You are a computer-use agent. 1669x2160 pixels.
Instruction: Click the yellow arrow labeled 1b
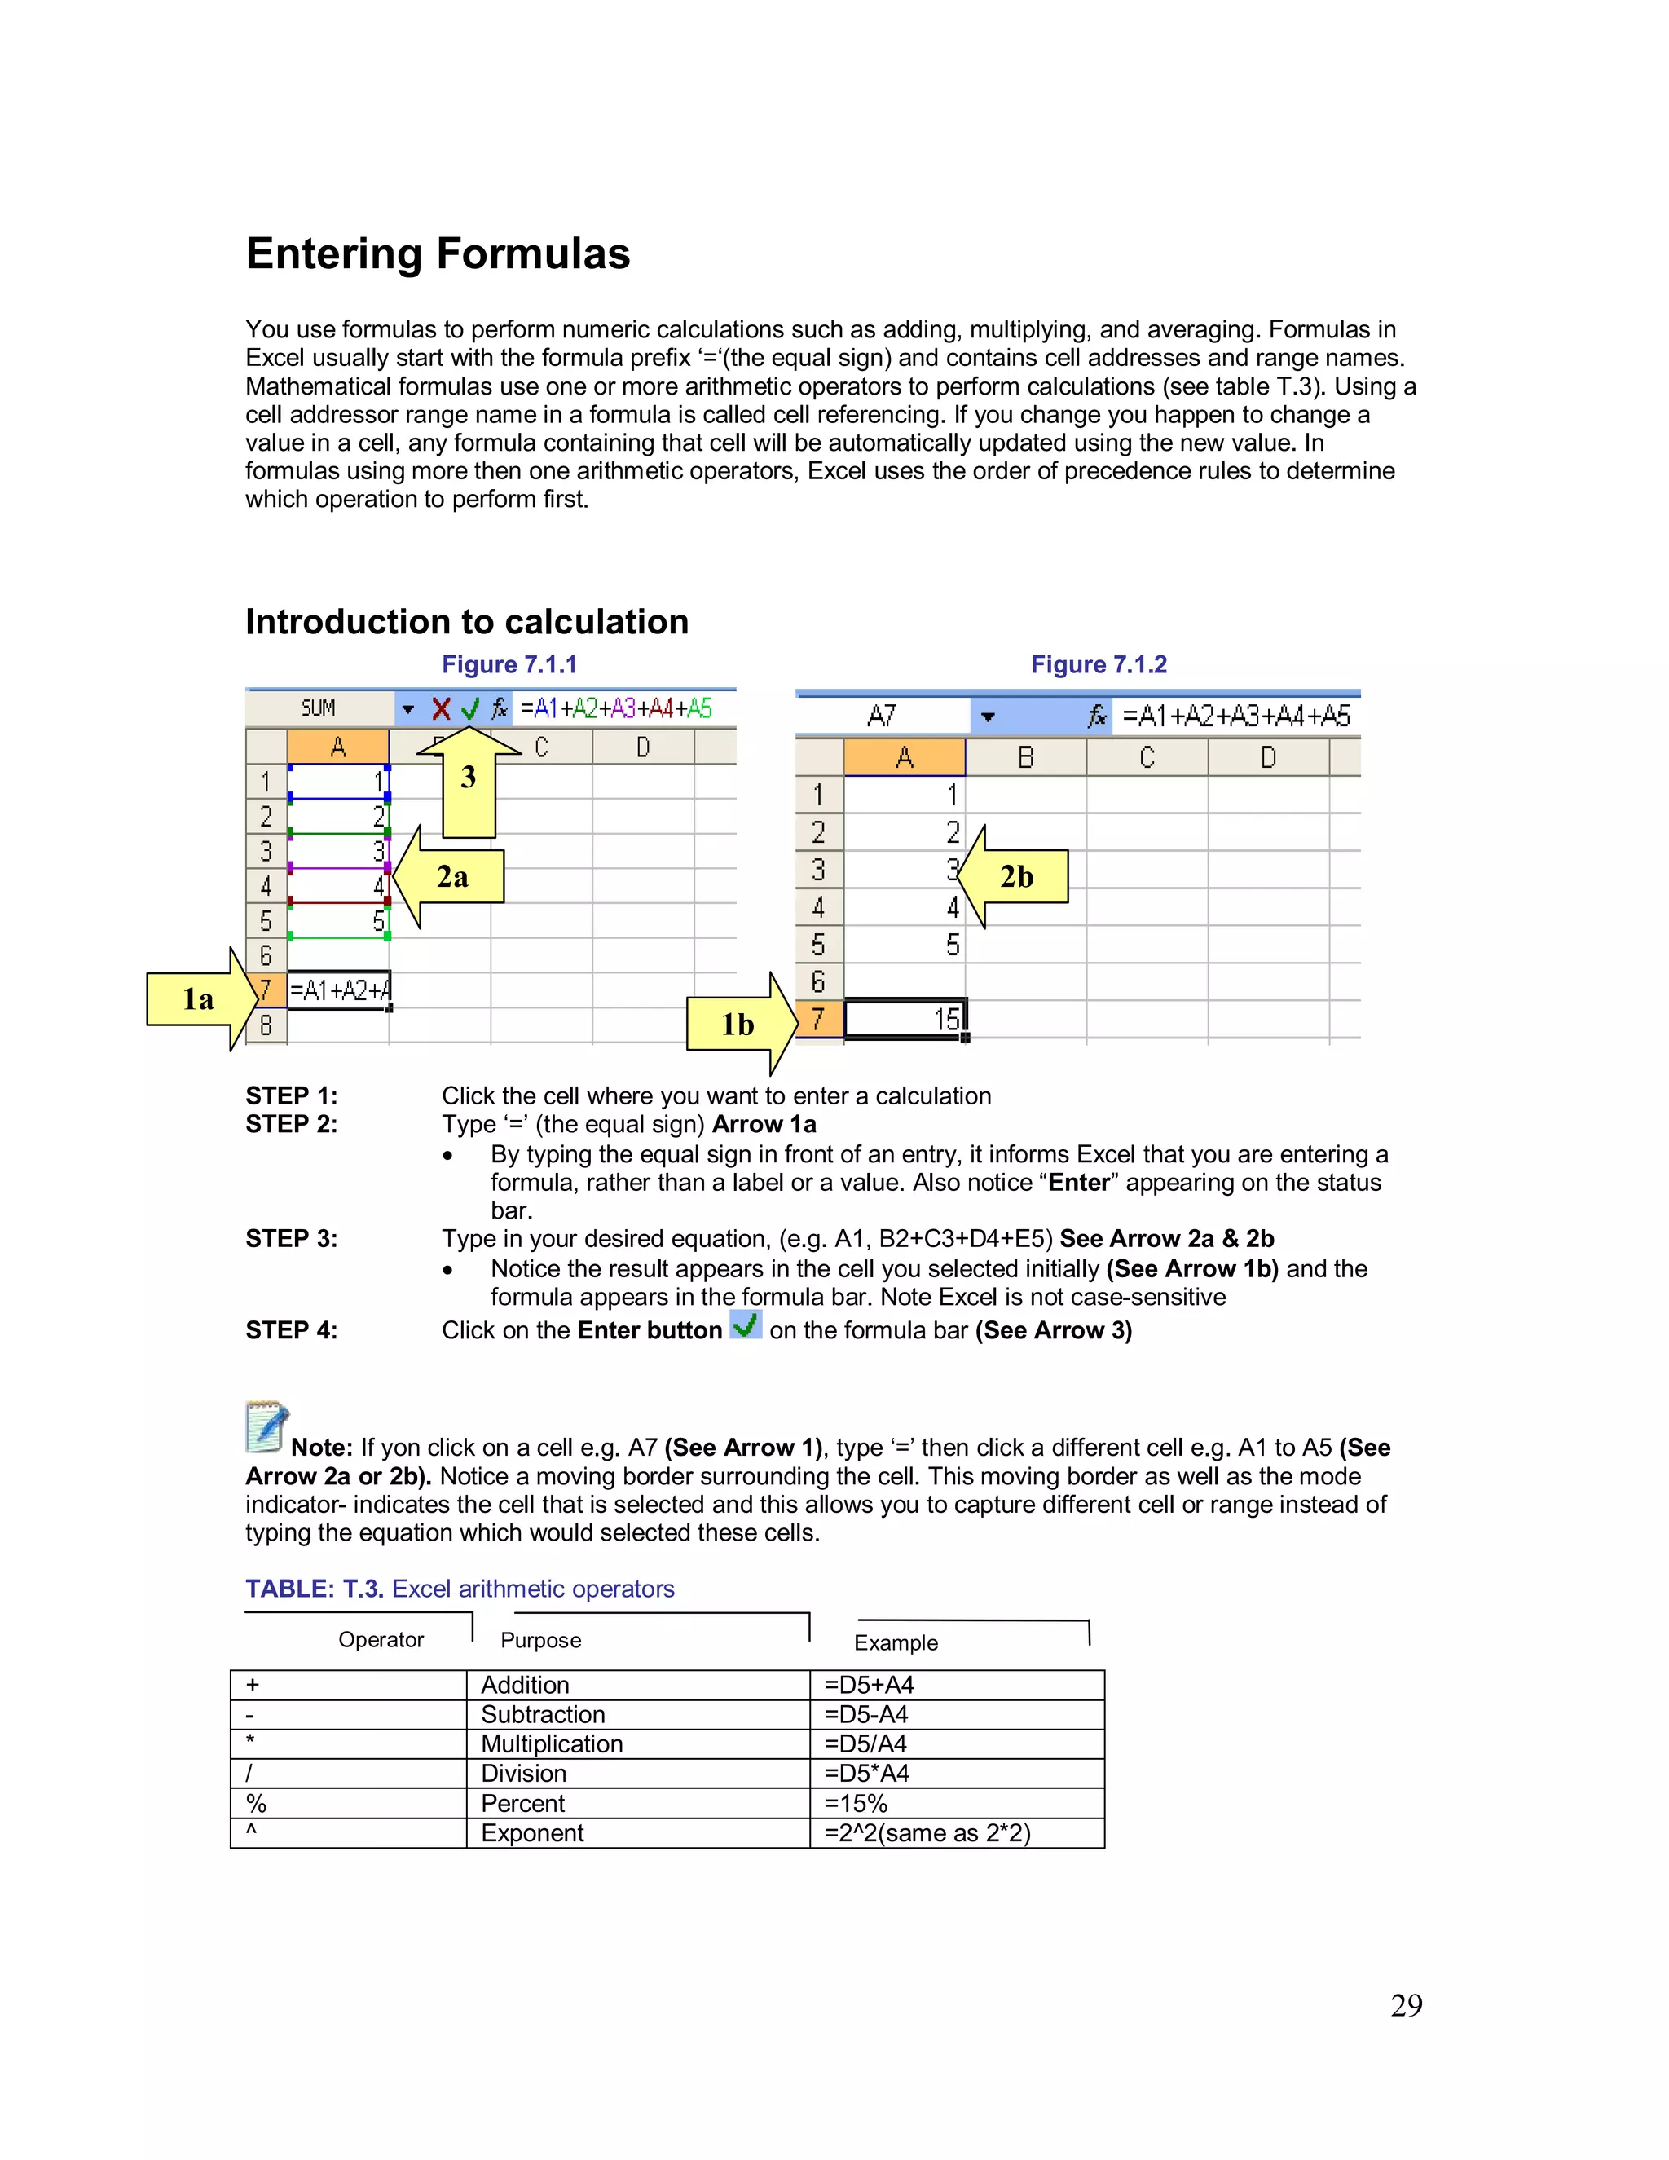pos(741,1024)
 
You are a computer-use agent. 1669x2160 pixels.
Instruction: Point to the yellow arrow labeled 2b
pos(1015,876)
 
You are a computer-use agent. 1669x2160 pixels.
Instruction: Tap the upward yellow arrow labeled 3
pos(469,782)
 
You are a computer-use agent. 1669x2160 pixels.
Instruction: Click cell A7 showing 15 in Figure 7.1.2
pos(905,1019)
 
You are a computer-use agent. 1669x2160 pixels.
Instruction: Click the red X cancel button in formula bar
pos(441,708)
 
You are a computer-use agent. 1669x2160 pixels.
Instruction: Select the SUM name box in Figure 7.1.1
pos(319,708)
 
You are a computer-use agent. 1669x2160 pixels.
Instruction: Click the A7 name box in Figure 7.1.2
pos(882,715)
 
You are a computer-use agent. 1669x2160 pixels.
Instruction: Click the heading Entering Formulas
pos(437,253)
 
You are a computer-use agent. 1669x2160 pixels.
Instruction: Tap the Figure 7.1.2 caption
pos(1098,664)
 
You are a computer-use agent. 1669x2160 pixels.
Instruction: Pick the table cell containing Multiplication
pos(638,1743)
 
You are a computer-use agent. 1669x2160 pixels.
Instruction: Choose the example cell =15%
pos(956,1803)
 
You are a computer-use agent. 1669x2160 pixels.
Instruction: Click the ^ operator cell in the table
pos(348,1832)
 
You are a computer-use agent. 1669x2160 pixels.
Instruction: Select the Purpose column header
pos(541,1640)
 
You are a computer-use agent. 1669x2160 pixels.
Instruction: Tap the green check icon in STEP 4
pos(746,1325)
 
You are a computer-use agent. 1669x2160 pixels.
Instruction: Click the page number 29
pos(1406,2006)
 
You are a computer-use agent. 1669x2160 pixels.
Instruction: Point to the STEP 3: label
pos(292,1239)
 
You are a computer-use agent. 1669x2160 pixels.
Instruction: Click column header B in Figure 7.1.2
pos(1025,757)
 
